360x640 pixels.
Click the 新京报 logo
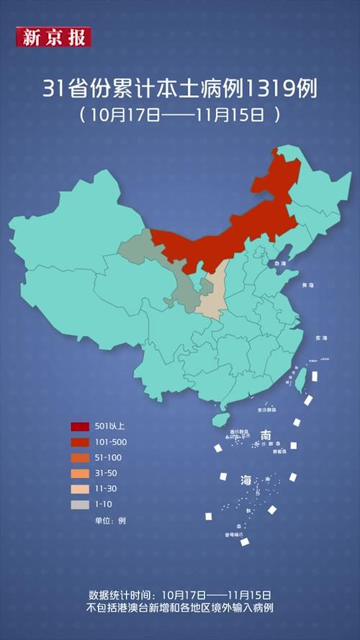(x=53, y=37)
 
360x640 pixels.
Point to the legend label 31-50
(x=105, y=473)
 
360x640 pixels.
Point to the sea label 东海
(x=320, y=338)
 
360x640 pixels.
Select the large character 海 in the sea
(x=246, y=480)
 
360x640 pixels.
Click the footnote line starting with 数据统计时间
(x=179, y=595)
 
